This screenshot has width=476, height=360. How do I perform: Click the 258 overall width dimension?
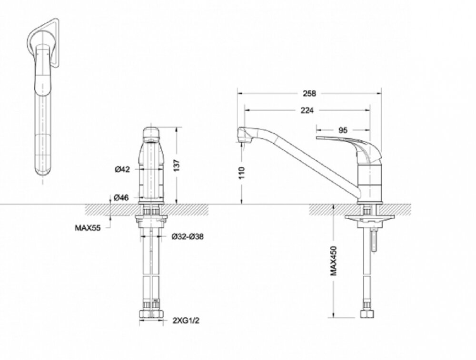[309, 93]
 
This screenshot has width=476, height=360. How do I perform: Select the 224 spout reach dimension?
[307, 110]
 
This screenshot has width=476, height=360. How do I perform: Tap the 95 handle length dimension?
[343, 130]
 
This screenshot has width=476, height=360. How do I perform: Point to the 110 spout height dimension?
[242, 173]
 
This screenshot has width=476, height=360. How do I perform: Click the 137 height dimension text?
[177, 165]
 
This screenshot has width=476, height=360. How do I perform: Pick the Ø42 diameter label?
[122, 169]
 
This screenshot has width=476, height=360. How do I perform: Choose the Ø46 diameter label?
[121, 198]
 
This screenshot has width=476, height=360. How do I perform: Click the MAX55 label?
[88, 227]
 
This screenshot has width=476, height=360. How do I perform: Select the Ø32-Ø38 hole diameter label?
[188, 236]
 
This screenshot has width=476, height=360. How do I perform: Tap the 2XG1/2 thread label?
[186, 321]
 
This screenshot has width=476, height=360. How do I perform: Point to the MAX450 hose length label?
[334, 261]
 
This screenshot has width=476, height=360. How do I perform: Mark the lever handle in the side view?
[348, 148]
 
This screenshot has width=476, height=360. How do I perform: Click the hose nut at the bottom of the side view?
[367, 313]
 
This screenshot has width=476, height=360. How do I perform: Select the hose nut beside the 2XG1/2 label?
[151, 314]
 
